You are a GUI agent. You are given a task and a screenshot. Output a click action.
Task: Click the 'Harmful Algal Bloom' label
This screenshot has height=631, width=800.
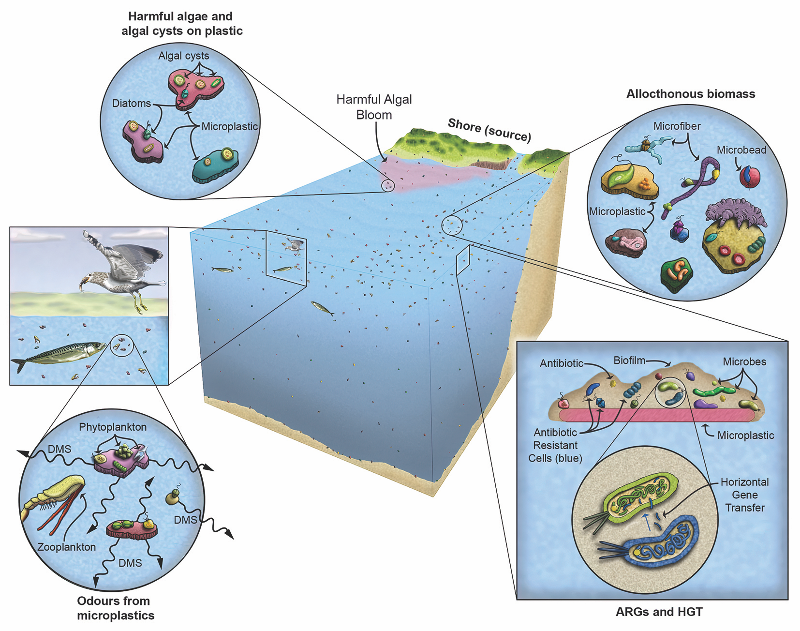(374, 107)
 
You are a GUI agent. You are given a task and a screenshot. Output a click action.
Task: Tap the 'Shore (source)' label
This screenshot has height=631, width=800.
(489, 130)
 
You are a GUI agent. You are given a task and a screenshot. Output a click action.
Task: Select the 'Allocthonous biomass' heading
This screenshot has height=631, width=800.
(690, 94)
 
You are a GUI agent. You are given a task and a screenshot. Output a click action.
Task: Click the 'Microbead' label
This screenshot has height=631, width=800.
(741, 150)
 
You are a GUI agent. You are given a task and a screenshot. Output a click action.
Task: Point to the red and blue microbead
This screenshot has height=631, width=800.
(749, 177)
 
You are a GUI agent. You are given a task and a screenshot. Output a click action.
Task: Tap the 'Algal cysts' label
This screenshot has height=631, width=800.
(183, 56)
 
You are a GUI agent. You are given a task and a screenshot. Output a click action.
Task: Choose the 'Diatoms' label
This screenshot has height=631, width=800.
(131, 103)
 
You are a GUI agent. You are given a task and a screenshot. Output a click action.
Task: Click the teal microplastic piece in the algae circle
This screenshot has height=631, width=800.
(215, 166)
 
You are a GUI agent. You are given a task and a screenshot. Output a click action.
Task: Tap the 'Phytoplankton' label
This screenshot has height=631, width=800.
(113, 427)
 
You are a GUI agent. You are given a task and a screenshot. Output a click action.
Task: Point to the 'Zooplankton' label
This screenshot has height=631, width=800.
(66, 547)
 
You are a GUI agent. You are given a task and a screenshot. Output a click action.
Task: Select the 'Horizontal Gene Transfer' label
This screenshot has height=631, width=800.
(744, 495)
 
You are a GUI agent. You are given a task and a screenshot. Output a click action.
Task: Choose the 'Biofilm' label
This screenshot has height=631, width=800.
(629, 361)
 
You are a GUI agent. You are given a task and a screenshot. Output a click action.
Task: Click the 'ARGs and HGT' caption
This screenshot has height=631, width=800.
(658, 612)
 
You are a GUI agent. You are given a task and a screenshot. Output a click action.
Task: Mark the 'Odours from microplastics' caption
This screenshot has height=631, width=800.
(115, 608)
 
